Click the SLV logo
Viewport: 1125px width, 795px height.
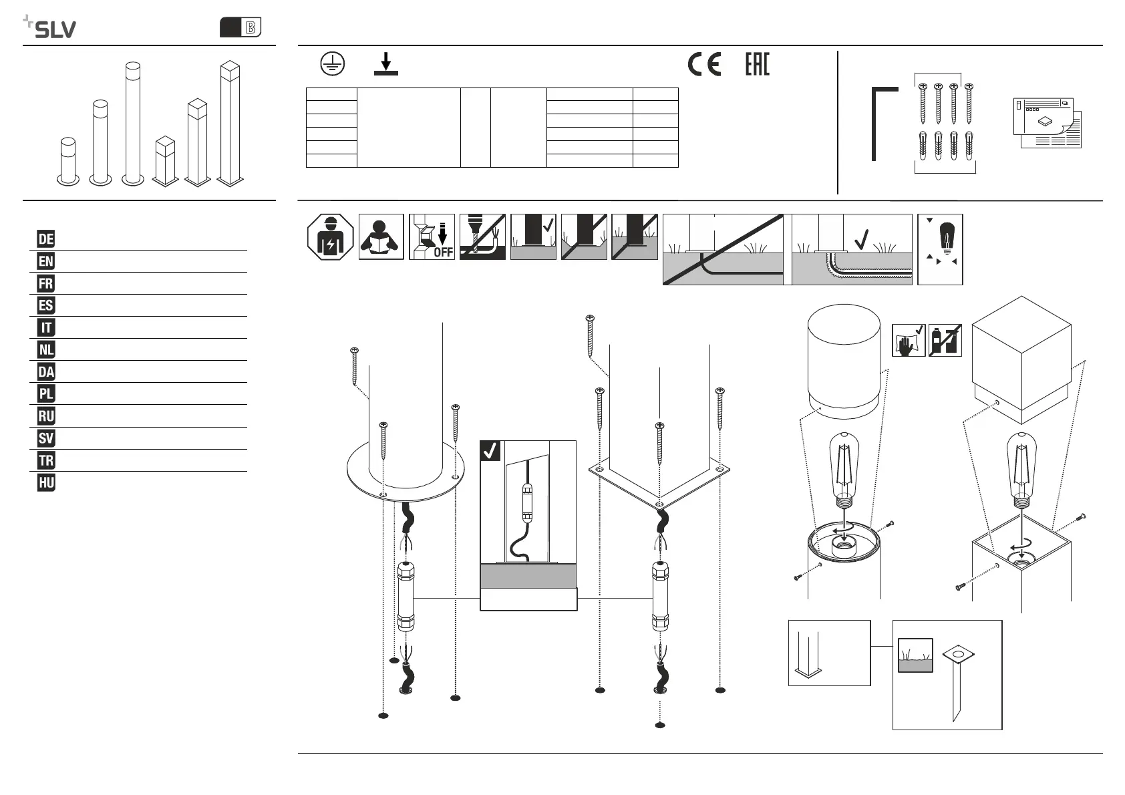[x=49, y=27]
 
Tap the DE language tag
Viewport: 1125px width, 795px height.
[x=45, y=239]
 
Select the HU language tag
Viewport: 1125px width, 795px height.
[x=45, y=482]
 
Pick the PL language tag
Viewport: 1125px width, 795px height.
[x=45, y=393]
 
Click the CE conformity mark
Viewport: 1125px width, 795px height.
[x=704, y=64]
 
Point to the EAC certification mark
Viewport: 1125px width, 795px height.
[x=758, y=64]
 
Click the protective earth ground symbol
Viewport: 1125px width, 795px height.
[x=333, y=63]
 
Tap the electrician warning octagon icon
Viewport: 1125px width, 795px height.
[x=330, y=237]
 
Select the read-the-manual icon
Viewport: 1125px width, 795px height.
[x=381, y=237]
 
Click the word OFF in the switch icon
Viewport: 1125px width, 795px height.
[x=444, y=252]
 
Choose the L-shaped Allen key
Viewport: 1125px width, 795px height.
[x=884, y=124]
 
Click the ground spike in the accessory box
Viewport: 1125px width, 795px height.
[x=958, y=683]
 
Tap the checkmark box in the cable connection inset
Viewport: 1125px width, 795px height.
[x=490, y=450]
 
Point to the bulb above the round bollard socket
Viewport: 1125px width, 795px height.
[x=844, y=470]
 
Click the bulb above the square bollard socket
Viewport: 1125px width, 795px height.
[x=1021, y=470]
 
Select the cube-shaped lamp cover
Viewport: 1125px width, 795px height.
[x=1021, y=359]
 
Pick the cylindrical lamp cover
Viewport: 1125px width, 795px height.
[x=844, y=361]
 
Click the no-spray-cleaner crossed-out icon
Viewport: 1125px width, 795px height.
[x=945, y=341]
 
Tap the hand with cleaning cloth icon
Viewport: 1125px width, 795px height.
[x=909, y=341]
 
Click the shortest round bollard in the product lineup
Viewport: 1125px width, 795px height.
[x=67, y=161]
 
